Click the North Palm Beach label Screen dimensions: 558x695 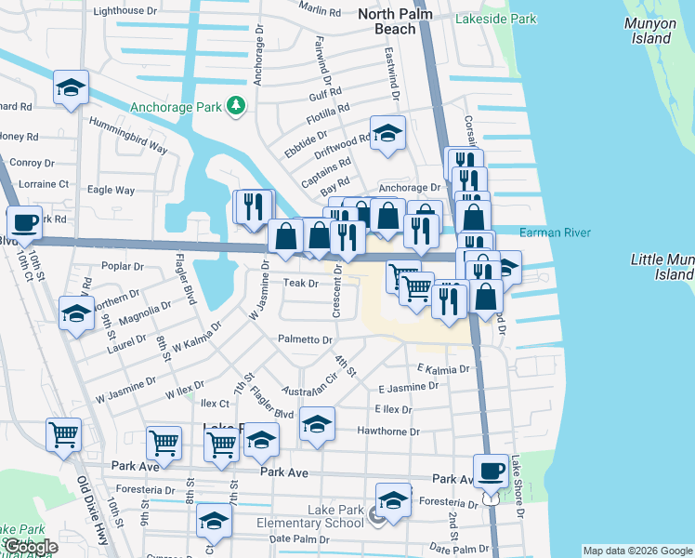387,20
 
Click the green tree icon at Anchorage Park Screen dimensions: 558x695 237,106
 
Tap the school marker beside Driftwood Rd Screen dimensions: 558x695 387,133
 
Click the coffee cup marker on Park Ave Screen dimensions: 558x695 491,472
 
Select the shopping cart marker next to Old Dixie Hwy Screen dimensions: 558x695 64,434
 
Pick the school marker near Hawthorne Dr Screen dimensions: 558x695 317,425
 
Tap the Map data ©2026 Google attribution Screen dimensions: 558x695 636,551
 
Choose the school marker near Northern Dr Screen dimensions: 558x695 75,313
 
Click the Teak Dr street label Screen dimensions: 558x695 301,283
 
